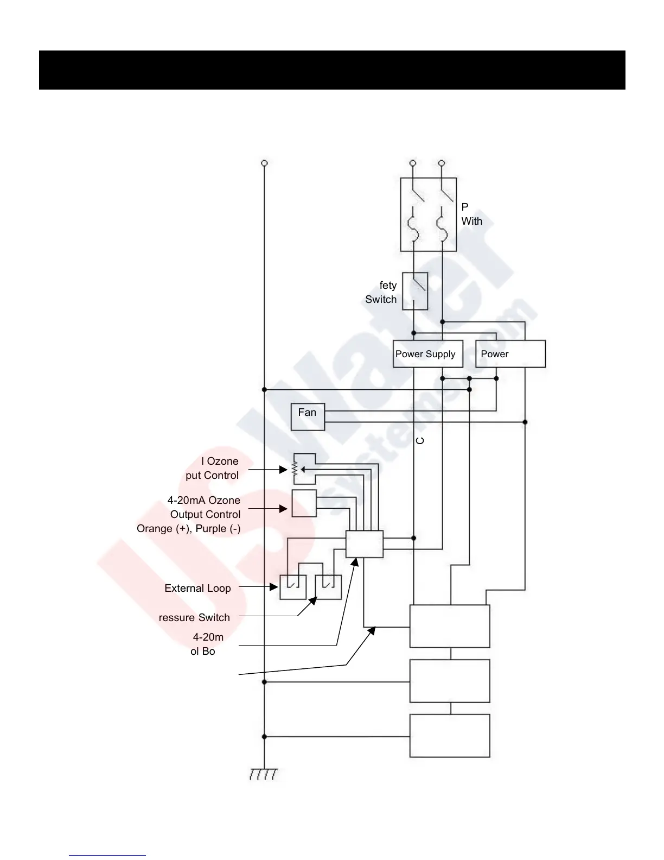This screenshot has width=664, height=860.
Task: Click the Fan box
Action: (x=308, y=417)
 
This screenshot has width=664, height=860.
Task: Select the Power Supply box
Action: (x=427, y=354)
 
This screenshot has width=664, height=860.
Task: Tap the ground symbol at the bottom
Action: (x=264, y=774)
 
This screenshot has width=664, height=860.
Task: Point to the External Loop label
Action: (x=197, y=589)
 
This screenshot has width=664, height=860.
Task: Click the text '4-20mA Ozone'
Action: (x=203, y=501)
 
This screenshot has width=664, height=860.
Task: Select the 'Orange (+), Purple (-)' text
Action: (x=188, y=529)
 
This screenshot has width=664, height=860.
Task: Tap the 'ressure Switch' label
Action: (x=194, y=618)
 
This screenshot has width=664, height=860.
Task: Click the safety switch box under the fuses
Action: (x=415, y=291)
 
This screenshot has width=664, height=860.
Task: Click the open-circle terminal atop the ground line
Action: (x=264, y=163)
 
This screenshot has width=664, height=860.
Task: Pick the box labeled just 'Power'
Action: (x=510, y=354)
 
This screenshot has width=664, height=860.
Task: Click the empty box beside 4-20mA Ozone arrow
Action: (x=304, y=503)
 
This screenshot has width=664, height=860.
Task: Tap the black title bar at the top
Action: (x=332, y=70)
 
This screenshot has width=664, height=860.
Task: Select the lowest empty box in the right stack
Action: (x=449, y=736)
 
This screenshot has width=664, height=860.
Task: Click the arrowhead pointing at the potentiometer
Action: (x=283, y=470)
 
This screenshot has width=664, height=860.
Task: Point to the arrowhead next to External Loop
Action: (x=274, y=587)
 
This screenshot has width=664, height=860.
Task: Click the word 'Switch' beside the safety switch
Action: (x=381, y=300)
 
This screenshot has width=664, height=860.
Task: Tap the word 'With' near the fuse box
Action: (x=471, y=222)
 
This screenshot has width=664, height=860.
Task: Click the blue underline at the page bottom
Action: (x=107, y=855)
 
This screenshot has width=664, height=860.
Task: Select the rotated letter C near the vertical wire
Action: (x=420, y=441)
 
